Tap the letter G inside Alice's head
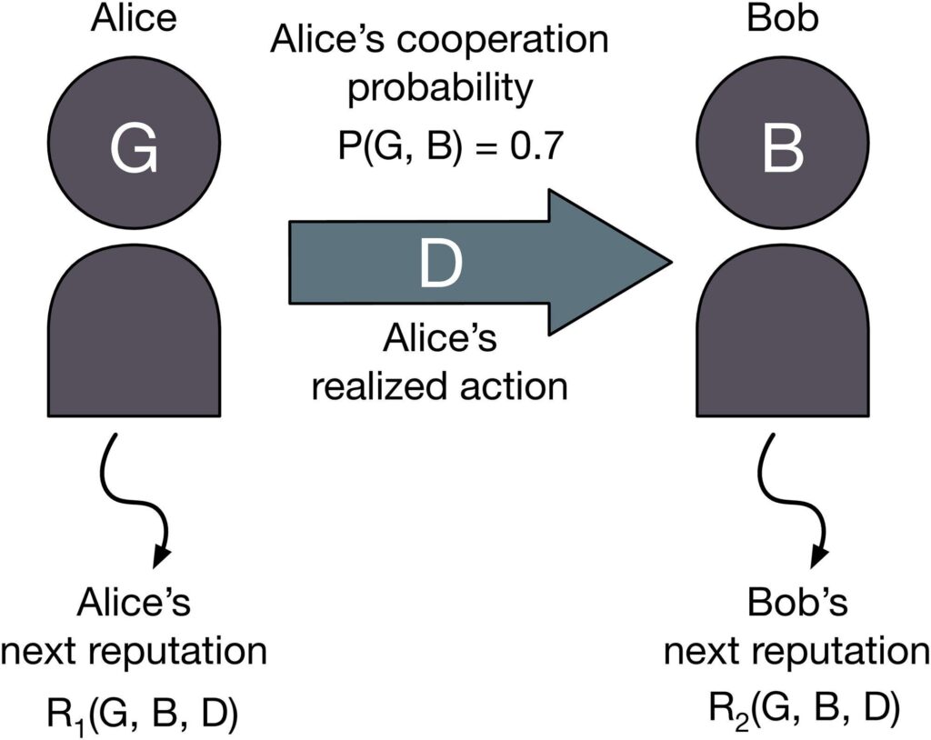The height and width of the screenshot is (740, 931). [x=134, y=149]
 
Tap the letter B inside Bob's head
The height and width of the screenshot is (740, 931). [x=782, y=149]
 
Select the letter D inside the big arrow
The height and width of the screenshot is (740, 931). [x=440, y=263]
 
